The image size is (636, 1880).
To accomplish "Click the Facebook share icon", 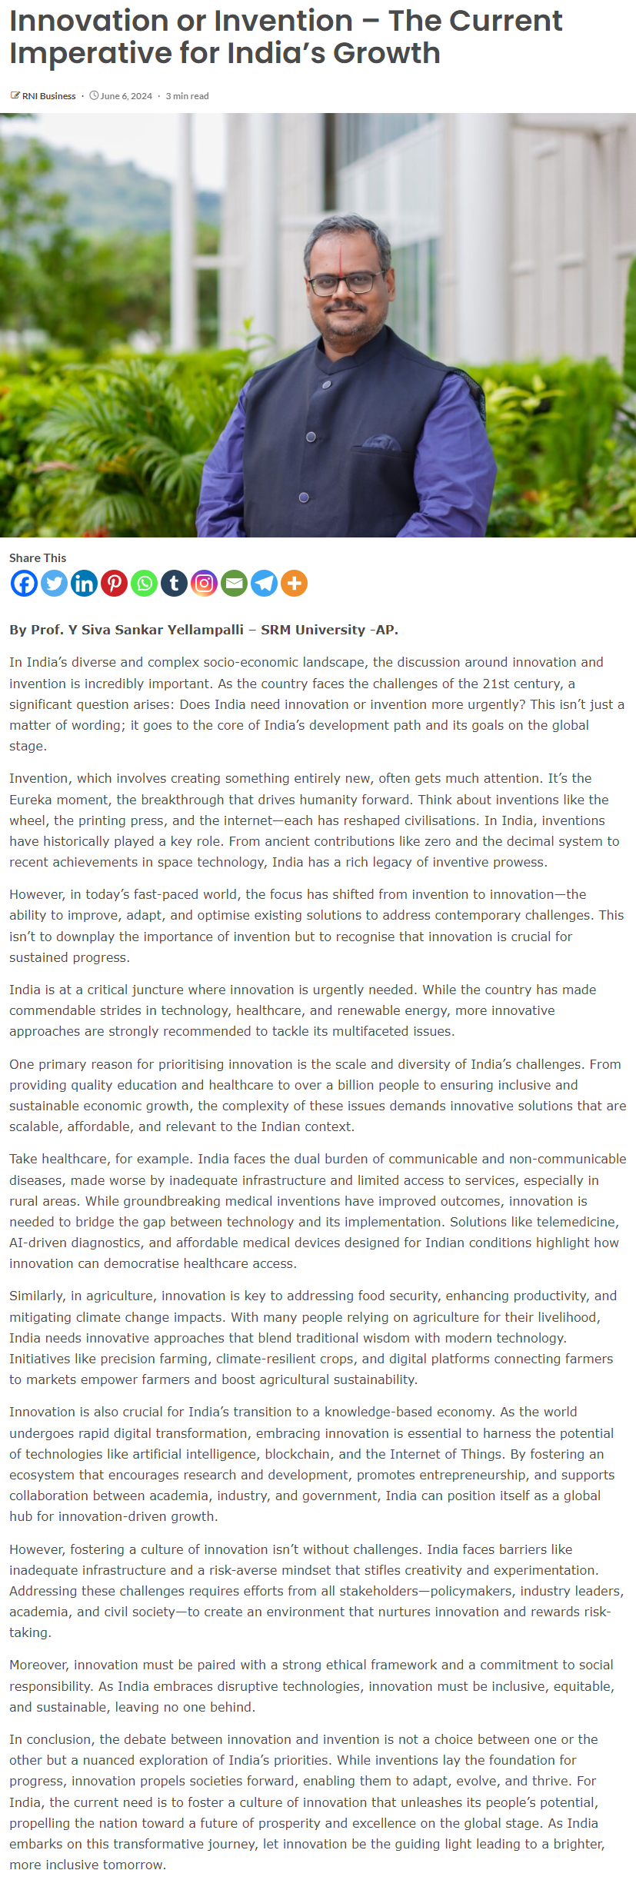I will (24, 584).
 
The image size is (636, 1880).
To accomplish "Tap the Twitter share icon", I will (54, 584).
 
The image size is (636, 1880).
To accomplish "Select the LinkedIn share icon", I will (84, 584).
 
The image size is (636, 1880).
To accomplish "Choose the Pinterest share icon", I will (114, 584).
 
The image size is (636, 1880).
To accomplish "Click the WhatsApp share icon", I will (144, 584).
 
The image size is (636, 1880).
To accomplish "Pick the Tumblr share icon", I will (174, 584).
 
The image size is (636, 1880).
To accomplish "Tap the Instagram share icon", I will (204, 584).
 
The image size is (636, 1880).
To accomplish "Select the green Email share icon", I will (234, 584).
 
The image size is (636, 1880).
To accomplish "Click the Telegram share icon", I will (264, 584).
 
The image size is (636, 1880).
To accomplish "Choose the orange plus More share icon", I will (294, 584).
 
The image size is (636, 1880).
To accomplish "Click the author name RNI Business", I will (48, 96).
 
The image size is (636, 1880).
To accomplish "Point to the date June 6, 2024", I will (126, 96).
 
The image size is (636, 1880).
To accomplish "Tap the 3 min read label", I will (187, 96).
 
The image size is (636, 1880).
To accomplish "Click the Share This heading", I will (38, 558).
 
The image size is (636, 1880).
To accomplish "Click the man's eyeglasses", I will (345, 283).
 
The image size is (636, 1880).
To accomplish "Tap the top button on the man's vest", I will (327, 384).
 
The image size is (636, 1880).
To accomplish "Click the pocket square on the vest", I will (381, 443).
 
